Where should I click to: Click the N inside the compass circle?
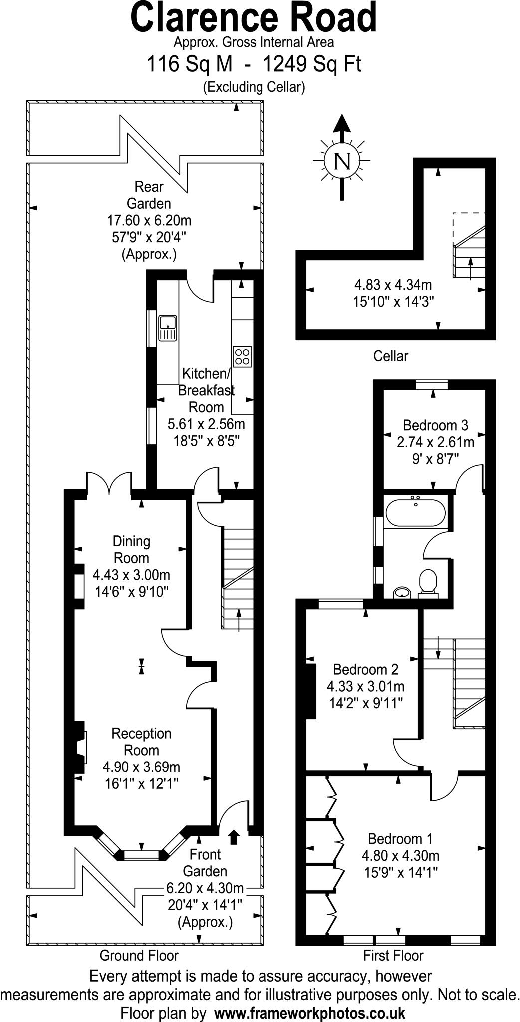point(342,161)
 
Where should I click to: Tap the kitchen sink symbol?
point(168,328)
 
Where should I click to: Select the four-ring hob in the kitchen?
point(242,356)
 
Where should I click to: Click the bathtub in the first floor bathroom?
point(415,512)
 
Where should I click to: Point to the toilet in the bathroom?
point(428,582)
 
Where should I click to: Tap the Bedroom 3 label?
point(435,425)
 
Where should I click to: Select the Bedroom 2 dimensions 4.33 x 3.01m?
point(366,686)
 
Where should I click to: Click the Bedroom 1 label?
point(400,839)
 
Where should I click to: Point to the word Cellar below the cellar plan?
point(390,356)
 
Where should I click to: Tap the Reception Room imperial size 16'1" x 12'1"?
point(141,783)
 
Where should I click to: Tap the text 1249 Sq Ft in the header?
point(312,64)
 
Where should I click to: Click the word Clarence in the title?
point(204,17)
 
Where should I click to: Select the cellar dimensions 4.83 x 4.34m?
point(393,285)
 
